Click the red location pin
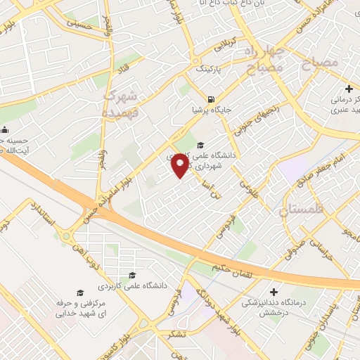181,165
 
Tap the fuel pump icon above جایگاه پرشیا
212,98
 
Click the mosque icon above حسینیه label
5,129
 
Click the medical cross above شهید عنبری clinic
349,89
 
